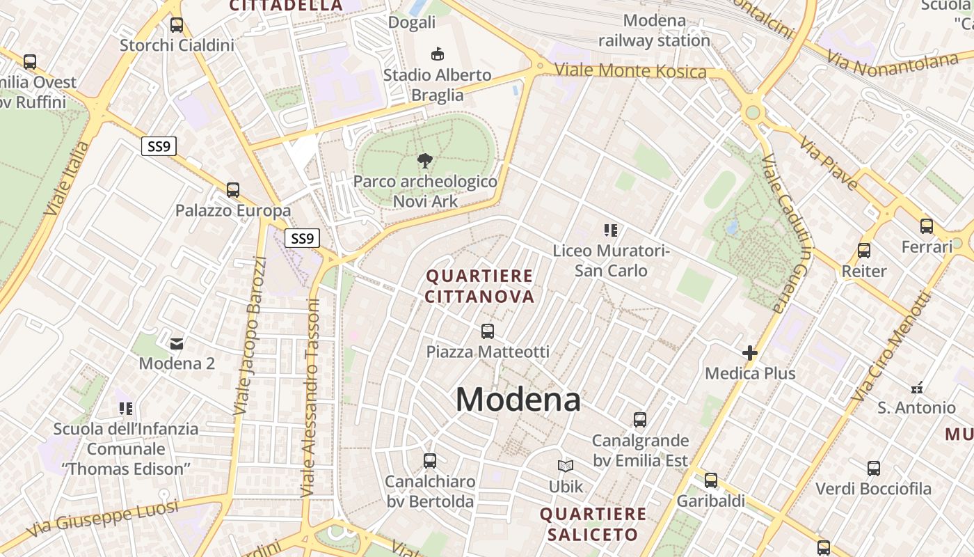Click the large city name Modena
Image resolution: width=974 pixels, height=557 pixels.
518,400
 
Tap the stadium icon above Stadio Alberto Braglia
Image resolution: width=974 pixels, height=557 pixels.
437,54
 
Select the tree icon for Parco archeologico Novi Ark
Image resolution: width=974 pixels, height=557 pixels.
424,162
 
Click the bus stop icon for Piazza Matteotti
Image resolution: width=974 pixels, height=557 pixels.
488,331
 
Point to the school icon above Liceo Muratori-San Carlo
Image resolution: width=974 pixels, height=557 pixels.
611,230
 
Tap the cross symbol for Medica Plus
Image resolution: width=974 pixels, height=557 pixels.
749,353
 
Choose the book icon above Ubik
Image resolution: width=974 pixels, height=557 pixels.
566,466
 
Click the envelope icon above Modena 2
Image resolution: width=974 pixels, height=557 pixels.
177,343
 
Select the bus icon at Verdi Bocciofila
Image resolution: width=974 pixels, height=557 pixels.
873,469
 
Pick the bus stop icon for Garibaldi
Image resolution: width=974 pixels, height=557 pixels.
710,480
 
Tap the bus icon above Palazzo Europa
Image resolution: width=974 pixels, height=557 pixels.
233,189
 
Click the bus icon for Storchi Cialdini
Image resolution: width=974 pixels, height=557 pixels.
177,25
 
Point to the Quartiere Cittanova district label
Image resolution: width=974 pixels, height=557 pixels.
479,286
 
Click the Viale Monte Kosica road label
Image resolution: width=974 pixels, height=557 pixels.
630,71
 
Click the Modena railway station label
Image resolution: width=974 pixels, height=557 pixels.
654,31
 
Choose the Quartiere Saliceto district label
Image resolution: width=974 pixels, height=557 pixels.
592,524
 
